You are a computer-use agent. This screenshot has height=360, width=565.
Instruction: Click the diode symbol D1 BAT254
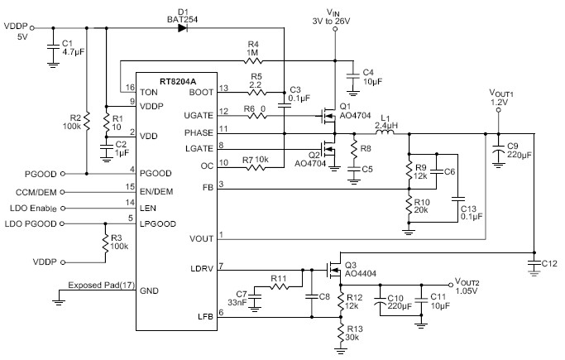pyautogui.click(x=183, y=27)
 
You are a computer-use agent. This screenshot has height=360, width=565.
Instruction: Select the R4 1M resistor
pyautogui.click(x=253, y=60)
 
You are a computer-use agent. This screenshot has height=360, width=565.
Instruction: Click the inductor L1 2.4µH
pyautogui.click(x=384, y=132)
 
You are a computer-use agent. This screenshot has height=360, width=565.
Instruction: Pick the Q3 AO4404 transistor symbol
pyautogui.click(x=336, y=268)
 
